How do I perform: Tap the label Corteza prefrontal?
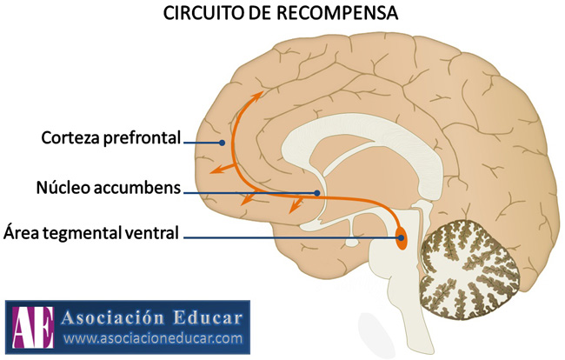click(111, 137)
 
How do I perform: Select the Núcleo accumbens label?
click(109, 187)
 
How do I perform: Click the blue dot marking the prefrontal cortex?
click(223, 143)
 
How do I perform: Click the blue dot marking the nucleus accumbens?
click(317, 192)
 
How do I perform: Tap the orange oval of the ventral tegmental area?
click(401, 236)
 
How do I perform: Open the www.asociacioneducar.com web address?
click(152, 337)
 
